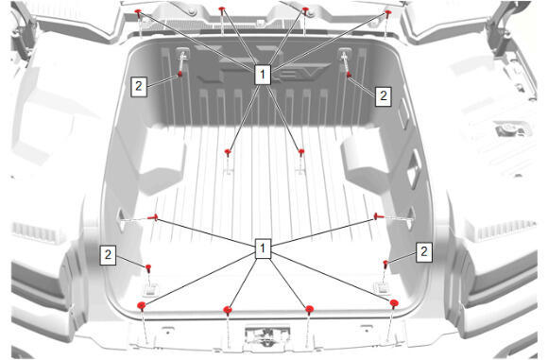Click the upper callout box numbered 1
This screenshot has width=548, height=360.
click(263, 74)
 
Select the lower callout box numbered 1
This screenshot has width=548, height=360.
click(263, 249)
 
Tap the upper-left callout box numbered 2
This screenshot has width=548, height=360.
click(139, 86)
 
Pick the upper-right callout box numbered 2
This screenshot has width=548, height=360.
click(383, 95)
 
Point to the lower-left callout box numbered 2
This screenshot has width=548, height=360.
click(108, 254)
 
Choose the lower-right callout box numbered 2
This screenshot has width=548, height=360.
click(423, 251)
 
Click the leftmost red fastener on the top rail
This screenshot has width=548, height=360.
click(138, 13)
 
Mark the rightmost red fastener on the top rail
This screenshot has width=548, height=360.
click(388, 14)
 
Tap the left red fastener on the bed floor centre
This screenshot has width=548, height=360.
click(228, 152)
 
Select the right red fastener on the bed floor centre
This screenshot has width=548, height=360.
click(301, 152)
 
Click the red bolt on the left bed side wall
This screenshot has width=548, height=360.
click(153, 217)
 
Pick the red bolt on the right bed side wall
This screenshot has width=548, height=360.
click(378, 216)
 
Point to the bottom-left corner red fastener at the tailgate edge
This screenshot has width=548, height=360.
click(141, 306)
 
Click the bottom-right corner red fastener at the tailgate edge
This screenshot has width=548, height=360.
click(394, 303)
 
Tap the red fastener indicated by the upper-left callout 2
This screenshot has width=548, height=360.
click(180, 74)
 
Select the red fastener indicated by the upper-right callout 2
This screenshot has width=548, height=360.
click(349, 74)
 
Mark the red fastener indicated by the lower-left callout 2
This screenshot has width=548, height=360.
click(148, 268)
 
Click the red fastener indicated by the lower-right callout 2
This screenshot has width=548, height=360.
click(385, 264)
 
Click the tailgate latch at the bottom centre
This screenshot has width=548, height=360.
click(267, 334)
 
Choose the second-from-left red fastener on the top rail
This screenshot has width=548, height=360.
click(222, 10)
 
